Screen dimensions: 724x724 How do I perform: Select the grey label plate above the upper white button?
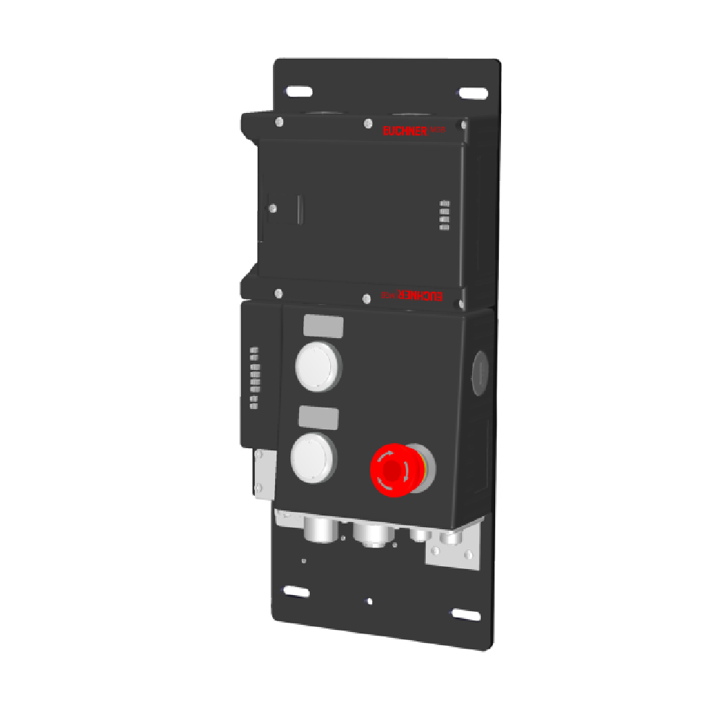click(x=323, y=327)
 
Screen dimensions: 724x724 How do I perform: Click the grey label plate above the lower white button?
click(x=319, y=417)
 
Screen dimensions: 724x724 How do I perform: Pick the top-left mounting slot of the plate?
click(x=298, y=92)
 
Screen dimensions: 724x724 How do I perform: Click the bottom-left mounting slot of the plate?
click(x=297, y=591)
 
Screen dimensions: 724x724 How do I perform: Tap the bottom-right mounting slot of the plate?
click(x=465, y=615)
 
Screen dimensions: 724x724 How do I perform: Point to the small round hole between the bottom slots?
click(x=370, y=601)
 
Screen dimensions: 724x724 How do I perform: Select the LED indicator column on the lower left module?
click(x=253, y=378)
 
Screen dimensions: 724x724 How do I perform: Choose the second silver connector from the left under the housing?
click(x=371, y=534)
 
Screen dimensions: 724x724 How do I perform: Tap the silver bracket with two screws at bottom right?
click(x=453, y=549)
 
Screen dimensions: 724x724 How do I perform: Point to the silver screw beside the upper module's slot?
click(x=273, y=208)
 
